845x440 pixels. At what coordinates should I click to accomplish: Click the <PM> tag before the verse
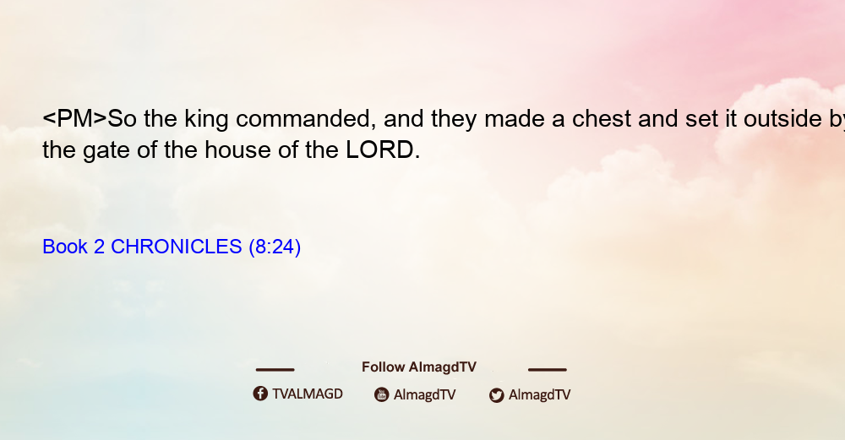(x=75, y=118)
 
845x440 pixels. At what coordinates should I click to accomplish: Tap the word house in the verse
(x=237, y=149)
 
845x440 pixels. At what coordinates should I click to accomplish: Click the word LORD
(x=380, y=149)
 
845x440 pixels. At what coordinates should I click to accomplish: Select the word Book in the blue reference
(x=65, y=247)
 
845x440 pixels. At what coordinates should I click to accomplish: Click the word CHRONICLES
(x=177, y=247)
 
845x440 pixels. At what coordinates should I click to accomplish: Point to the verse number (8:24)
(x=275, y=247)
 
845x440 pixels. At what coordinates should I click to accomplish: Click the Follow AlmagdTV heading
(x=419, y=367)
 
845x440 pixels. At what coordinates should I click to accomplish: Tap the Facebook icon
(x=260, y=394)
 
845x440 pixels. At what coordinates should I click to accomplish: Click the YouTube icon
(x=382, y=394)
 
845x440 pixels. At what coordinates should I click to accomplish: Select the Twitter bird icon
(x=496, y=395)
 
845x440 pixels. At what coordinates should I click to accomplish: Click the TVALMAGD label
(x=308, y=394)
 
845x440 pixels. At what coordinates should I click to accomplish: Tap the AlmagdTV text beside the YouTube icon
(x=425, y=394)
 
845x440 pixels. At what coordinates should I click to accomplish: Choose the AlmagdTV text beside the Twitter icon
(x=539, y=394)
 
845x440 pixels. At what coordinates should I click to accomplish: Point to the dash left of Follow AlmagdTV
(x=275, y=370)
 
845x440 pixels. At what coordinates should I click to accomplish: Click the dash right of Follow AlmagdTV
(x=548, y=370)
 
